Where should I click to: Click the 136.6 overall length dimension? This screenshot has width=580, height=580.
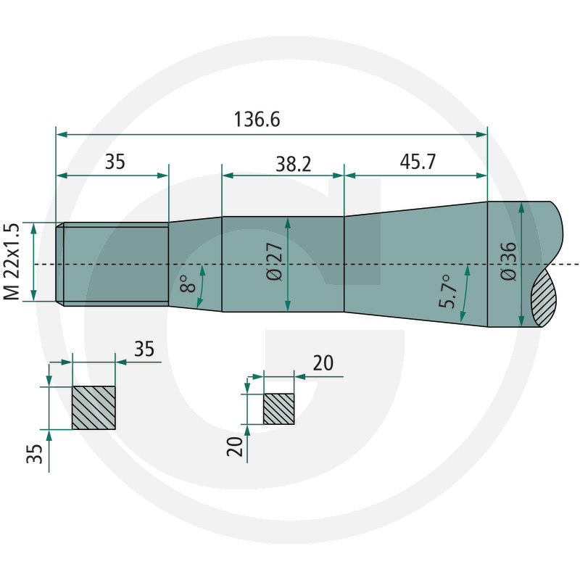(x=257, y=120)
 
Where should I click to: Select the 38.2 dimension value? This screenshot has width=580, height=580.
(x=294, y=164)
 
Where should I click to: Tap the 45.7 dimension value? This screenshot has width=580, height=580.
(x=418, y=162)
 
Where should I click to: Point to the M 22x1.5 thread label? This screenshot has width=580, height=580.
(x=11, y=262)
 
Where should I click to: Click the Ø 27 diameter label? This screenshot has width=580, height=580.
(x=275, y=262)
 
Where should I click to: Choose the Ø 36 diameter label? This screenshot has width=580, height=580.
(x=508, y=262)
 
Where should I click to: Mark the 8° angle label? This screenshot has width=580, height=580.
(x=188, y=283)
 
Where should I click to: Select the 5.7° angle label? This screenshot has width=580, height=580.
(x=448, y=291)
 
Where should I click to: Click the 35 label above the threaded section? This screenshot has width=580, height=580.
(x=115, y=162)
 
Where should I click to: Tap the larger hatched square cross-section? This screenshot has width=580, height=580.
(x=94, y=407)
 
